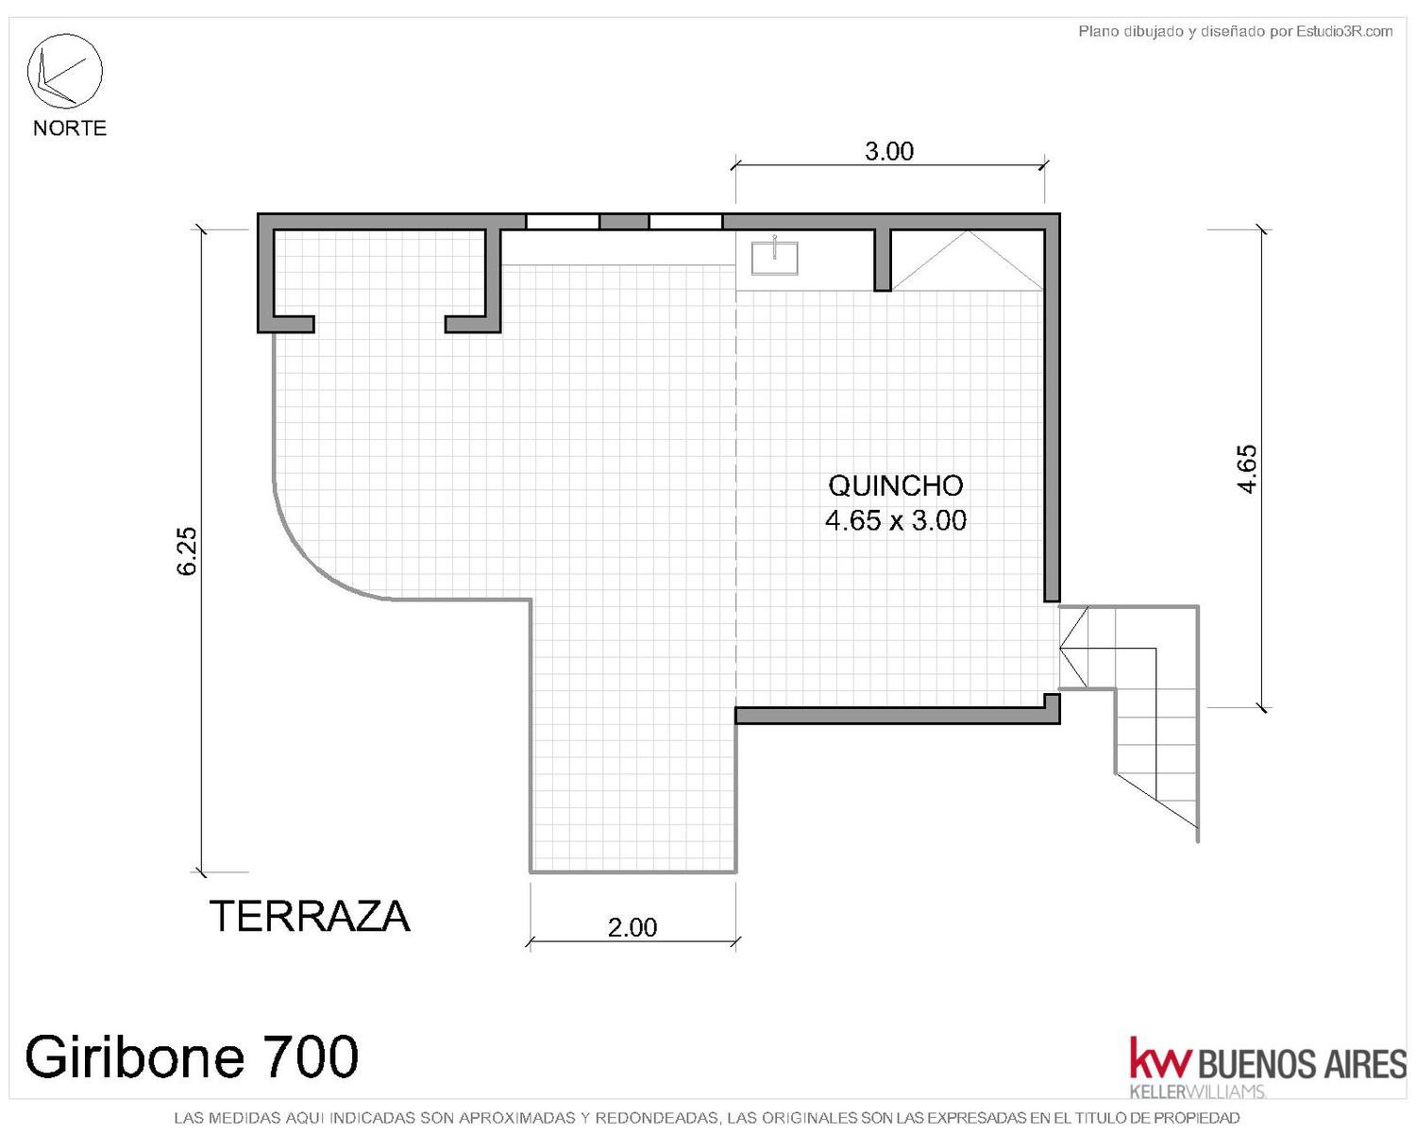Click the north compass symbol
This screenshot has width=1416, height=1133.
click(64, 71)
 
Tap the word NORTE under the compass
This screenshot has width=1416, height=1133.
click(70, 127)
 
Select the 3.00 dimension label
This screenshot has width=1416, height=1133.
click(889, 151)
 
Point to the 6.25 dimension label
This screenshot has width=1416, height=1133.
click(187, 551)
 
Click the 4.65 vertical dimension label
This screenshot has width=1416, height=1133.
click(1247, 468)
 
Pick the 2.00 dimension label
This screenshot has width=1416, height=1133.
click(632, 927)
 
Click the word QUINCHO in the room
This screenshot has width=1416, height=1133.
click(896, 486)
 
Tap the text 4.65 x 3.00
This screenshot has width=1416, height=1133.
click(896, 521)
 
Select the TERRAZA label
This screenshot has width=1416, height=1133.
click(310, 916)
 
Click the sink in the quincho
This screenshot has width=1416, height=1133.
click(774, 258)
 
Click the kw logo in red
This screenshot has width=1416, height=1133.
click(1160, 1056)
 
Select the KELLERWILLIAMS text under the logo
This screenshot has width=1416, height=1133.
click(1198, 1092)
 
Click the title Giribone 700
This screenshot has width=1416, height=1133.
click(192, 1056)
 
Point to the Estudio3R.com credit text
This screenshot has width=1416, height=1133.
click(1235, 31)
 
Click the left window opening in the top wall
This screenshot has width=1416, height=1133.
click(562, 221)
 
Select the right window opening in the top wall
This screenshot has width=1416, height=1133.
click(685, 221)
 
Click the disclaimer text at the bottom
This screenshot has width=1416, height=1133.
click(707, 1117)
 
